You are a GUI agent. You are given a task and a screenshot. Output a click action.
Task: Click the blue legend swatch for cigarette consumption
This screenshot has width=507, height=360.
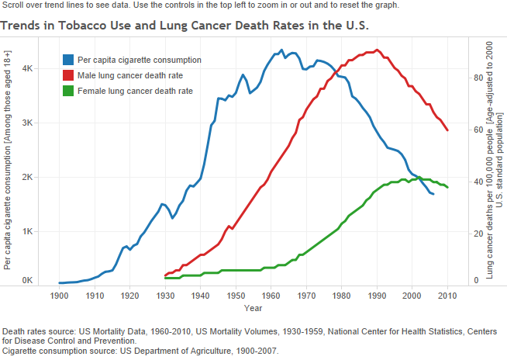pyautogui.click(x=69, y=60)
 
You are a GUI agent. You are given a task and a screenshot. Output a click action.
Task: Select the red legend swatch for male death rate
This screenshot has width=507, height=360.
pyautogui.click(x=69, y=75)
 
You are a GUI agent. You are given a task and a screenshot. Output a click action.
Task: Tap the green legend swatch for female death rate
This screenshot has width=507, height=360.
pyautogui.click(x=69, y=91)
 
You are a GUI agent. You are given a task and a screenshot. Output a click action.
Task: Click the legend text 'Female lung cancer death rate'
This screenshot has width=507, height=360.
pyautogui.click(x=135, y=91)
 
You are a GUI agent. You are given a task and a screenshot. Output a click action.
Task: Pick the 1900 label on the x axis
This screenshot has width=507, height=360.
pyautogui.click(x=60, y=296)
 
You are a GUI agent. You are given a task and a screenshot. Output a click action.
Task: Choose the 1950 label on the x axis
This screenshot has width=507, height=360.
pyautogui.click(x=236, y=296)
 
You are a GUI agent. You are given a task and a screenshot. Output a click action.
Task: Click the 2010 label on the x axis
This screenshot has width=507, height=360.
pyautogui.click(x=447, y=296)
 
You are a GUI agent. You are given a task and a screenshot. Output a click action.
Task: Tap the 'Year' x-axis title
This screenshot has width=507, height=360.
pyautogui.click(x=253, y=308)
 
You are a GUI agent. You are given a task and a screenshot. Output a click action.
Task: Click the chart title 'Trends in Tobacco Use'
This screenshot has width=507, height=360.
pyautogui.click(x=185, y=26)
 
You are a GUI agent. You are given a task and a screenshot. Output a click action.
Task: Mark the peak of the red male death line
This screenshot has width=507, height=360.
pyautogui.click(x=377, y=50)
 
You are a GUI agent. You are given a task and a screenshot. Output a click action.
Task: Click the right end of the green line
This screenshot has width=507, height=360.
pyautogui.click(x=447, y=187)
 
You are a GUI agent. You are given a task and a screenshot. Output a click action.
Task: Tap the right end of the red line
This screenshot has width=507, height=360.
pyautogui.click(x=447, y=130)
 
